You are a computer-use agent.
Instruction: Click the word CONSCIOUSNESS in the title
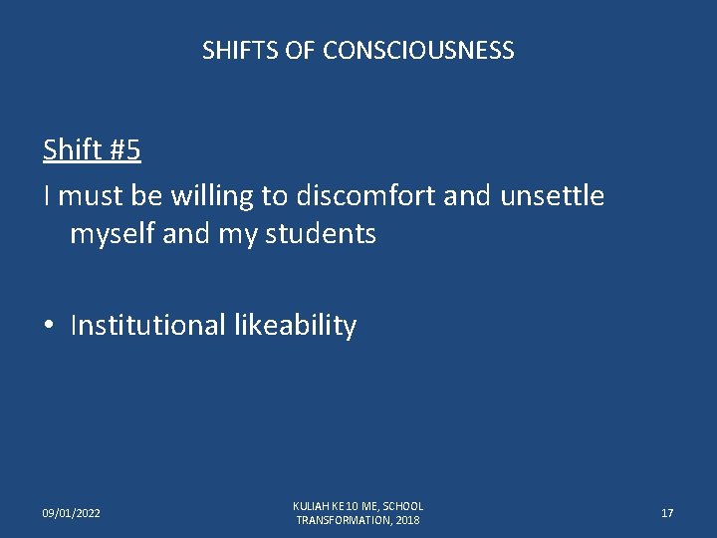(418, 50)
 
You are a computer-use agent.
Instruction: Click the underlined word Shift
(73, 149)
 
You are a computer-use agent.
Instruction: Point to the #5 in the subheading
(124, 149)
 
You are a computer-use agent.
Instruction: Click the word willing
(212, 195)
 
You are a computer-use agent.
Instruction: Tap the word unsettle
(552, 195)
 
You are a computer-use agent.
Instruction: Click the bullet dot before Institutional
(49, 326)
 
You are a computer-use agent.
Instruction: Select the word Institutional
(148, 325)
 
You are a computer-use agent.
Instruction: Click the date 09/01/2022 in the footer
(71, 513)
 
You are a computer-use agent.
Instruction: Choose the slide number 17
(667, 513)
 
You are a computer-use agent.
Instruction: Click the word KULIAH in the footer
(312, 506)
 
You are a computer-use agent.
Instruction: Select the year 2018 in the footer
(406, 520)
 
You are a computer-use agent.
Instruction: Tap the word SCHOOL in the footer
(403, 506)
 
